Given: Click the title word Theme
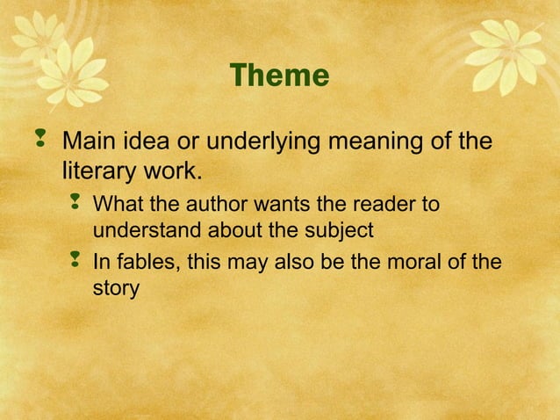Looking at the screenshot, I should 279,76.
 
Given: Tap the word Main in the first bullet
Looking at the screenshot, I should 91,141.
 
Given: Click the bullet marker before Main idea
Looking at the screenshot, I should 40,138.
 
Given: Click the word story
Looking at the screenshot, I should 116,287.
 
